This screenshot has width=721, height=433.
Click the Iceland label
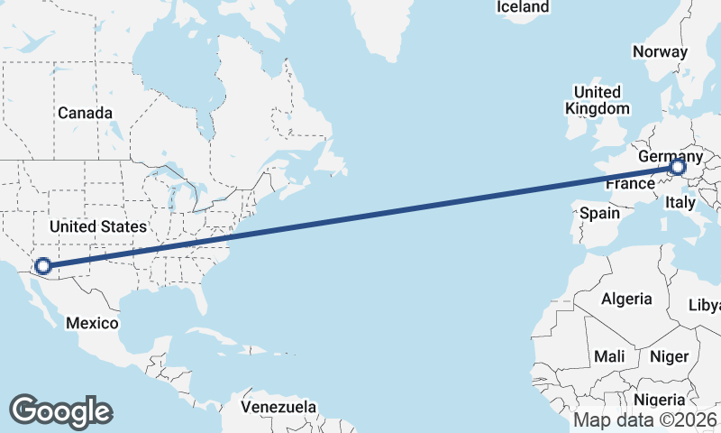(x=523, y=7)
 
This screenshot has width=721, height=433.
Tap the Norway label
(x=660, y=51)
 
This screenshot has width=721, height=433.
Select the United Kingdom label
(x=597, y=100)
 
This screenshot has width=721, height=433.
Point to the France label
(x=629, y=184)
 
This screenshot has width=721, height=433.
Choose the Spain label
(x=599, y=214)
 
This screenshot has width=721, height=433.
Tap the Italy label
(x=680, y=204)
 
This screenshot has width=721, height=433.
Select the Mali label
(x=609, y=356)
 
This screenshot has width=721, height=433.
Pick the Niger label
(x=669, y=356)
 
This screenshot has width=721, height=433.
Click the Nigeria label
(x=660, y=400)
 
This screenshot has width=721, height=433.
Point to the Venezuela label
(x=278, y=407)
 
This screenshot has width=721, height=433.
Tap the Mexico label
(x=94, y=323)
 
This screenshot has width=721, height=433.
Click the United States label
(x=97, y=226)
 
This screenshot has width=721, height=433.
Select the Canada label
(x=85, y=113)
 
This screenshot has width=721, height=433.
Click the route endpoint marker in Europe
(x=677, y=167)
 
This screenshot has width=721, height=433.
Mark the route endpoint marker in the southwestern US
(x=42, y=266)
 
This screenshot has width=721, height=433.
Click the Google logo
(x=60, y=410)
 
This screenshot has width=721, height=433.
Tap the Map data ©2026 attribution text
(x=645, y=419)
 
